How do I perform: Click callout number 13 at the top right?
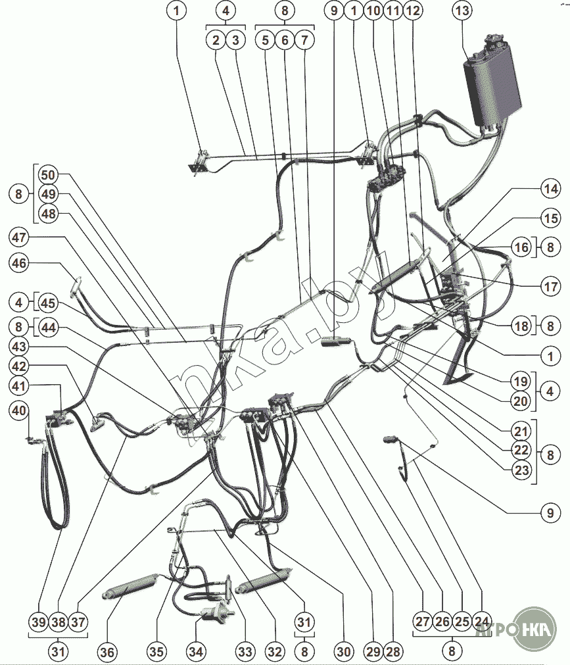point(463,11)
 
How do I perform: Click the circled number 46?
point(20,263)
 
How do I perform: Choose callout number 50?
point(47,175)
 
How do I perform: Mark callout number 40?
point(20,411)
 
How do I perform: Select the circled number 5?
point(266,40)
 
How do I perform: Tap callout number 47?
point(20,237)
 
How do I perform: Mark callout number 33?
point(245,652)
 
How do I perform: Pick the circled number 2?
point(215,40)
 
